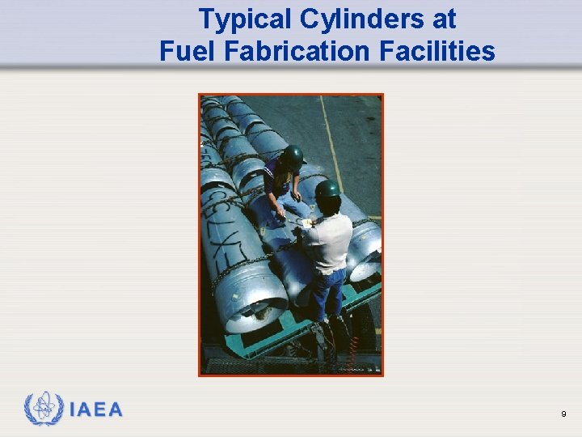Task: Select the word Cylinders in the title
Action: pos(356,19)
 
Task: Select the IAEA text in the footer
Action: pos(96,410)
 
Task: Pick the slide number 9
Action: pos(563,414)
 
